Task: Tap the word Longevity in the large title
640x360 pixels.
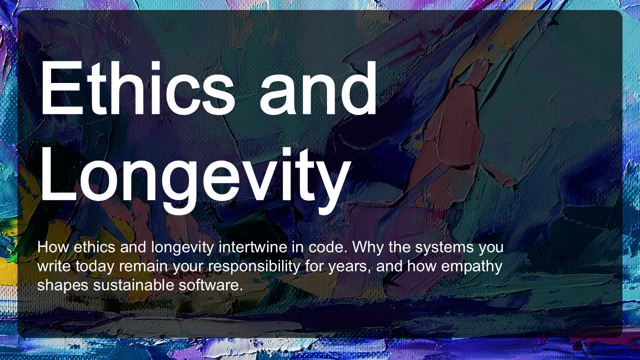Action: point(195,180)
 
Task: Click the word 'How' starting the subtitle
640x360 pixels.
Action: point(53,247)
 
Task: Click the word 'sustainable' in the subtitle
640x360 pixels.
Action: point(133,285)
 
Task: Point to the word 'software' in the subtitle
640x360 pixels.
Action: point(210,285)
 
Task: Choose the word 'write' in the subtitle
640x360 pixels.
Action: point(54,266)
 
